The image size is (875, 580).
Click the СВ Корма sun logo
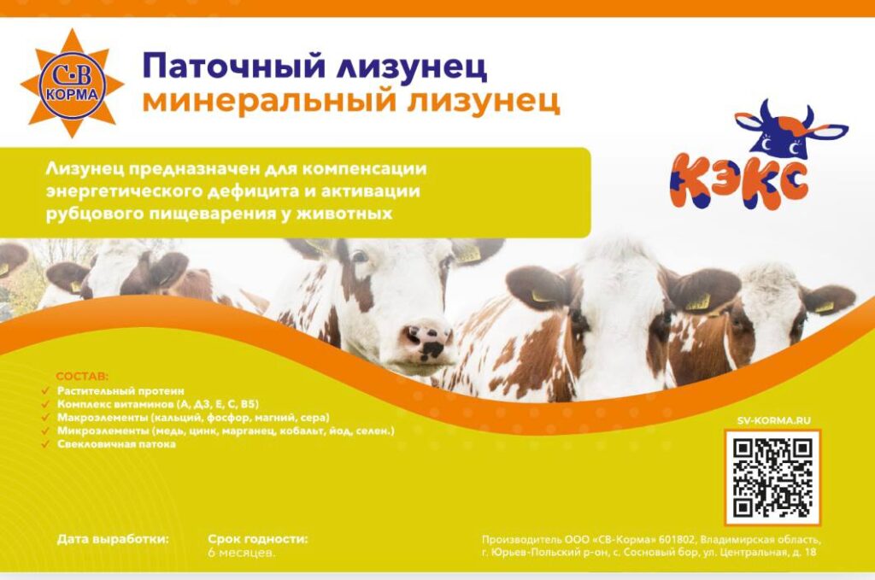[x=72, y=84]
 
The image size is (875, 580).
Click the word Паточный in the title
[x=234, y=66]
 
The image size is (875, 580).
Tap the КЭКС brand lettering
[x=739, y=181]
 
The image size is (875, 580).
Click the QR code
[x=772, y=477]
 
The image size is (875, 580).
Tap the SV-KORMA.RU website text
[x=773, y=420]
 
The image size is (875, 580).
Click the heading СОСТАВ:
[x=83, y=377]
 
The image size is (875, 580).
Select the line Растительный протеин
[x=120, y=391]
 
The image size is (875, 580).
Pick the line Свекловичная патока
[x=116, y=444]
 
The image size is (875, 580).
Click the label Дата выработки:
[x=113, y=539]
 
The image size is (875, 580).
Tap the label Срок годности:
[x=258, y=539]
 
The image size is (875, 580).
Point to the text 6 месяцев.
[x=242, y=554]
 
